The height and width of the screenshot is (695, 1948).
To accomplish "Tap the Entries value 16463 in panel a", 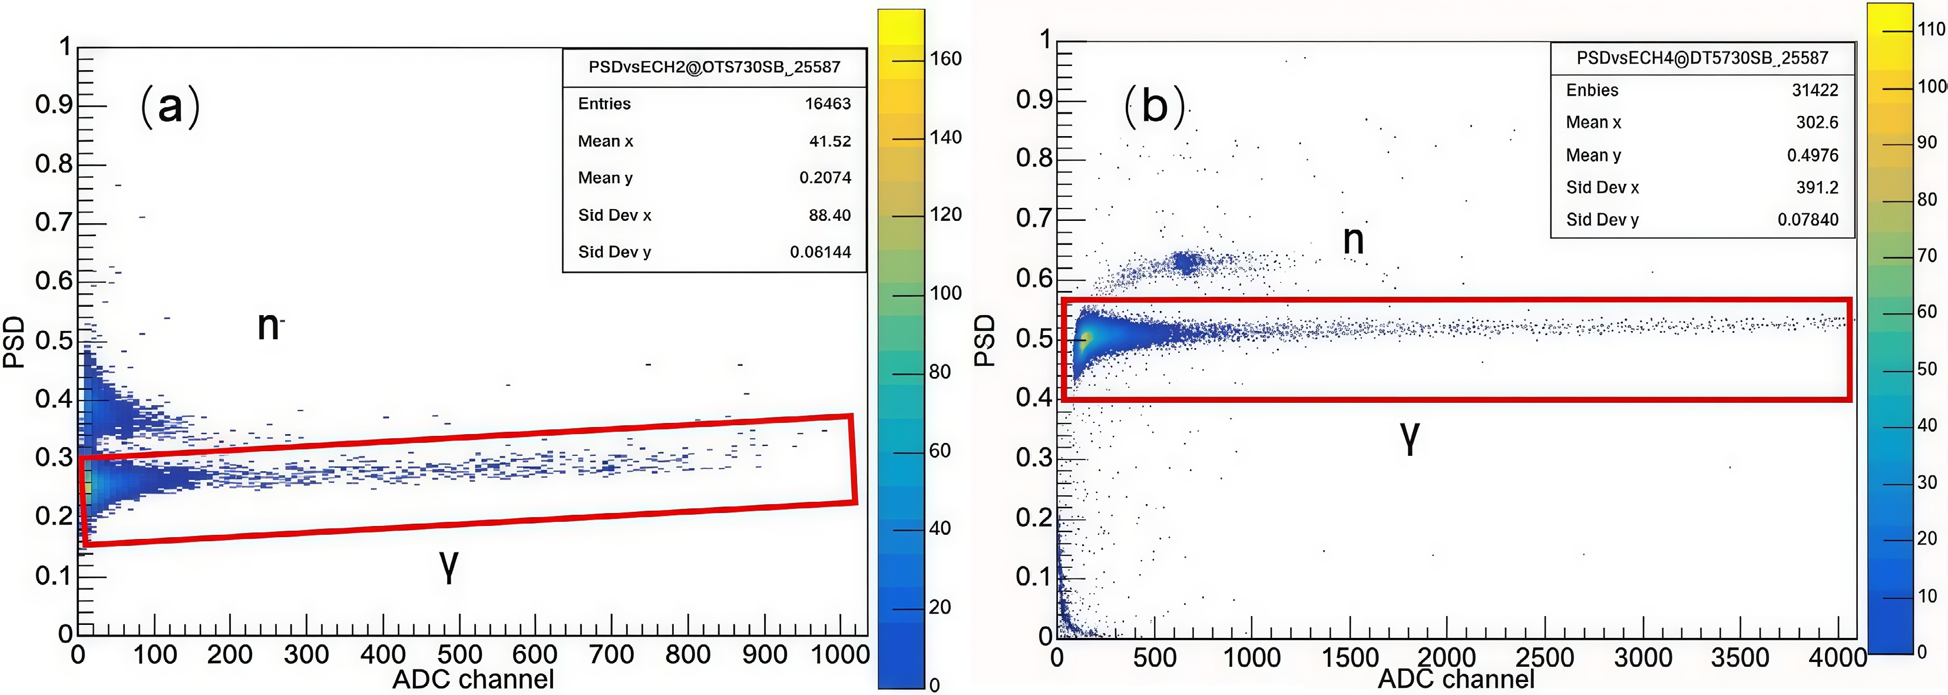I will [x=827, y=104].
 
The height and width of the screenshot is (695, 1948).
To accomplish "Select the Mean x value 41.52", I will [x=829, y=141].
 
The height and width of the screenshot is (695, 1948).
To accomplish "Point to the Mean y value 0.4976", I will [x=1812, y=155].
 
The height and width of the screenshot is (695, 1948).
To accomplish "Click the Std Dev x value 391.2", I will [x=1817, y=187].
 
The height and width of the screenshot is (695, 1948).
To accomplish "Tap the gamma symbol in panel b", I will [x=1410, y=437].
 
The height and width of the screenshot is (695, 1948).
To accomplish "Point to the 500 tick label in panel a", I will [x=459, y=655].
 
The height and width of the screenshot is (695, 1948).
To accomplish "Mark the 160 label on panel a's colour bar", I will [x=945, y=59].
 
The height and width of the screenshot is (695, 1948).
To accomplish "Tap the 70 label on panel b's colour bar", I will [x=1927, y=256].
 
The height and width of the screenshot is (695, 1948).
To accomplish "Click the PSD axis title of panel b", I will [x=984, y=341].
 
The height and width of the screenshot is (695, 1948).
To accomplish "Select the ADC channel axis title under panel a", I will [x=474, y=679].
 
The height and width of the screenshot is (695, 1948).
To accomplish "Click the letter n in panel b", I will [x=1353, y=240].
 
